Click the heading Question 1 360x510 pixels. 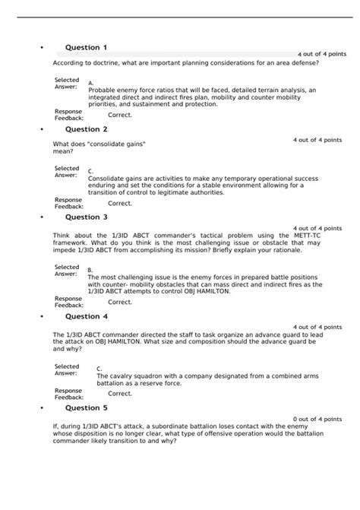[86, 48]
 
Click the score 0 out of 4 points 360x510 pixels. [317, 419]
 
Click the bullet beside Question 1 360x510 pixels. [40, 49]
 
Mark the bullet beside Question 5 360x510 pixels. [40, 408]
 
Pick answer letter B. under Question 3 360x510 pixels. [90, 270]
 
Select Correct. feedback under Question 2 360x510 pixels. [120, 203]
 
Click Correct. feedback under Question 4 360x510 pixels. [120, 394]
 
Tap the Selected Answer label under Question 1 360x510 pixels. [67, 84]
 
